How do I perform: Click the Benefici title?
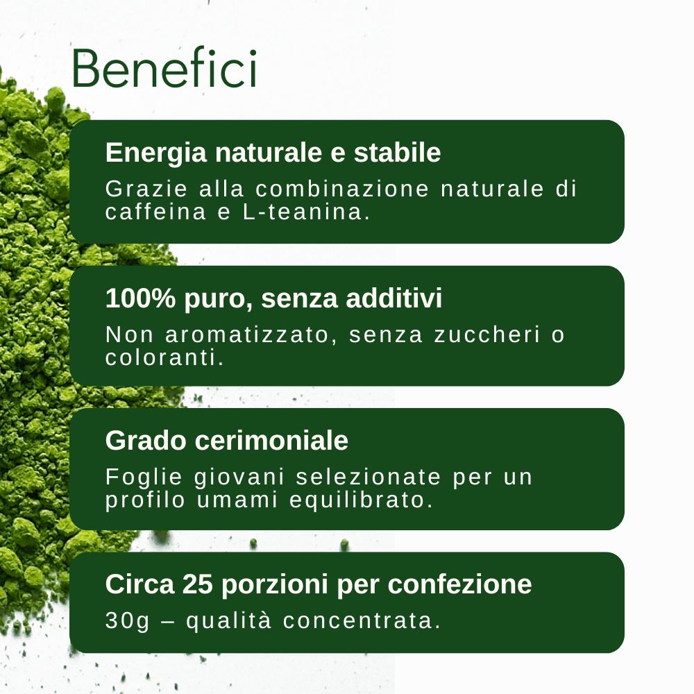click(164, 68)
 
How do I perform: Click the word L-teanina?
click(306, 212)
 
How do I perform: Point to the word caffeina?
click(155, 212)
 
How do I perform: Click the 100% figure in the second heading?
click(141, 298)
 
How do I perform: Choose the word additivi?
click(394, 298)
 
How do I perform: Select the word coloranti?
click(164, 357)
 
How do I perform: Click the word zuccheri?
click(487, 335)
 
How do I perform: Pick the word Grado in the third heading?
click(146, 441)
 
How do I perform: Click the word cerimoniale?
click(271, 441)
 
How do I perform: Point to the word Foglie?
click(144, 477)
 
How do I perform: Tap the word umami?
click(237, 500)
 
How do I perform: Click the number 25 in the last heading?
click(197, 584)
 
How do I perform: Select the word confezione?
click(460, 584)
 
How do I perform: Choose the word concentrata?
click(362, 620)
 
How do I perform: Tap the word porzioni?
click(275, 584)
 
